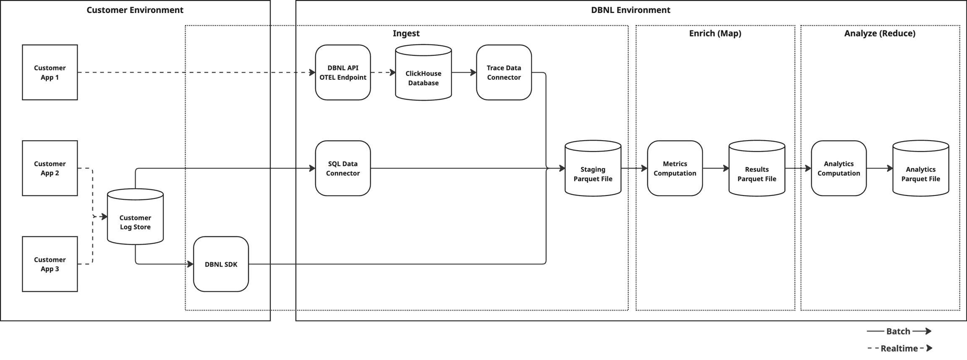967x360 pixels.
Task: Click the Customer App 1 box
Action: point(50,73)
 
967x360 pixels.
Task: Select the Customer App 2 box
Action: point(50,168)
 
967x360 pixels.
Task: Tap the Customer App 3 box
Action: point(50,264)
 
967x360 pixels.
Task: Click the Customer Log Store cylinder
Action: point(135,217)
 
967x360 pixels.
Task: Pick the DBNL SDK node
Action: point(221,264)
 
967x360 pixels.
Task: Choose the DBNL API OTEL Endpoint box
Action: point(343,73)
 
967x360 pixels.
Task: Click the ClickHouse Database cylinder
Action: point(423,73)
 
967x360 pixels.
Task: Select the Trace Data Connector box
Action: point(504,73)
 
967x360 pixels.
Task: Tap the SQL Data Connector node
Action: point(343,168)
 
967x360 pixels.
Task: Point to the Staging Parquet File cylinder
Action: point(593,168)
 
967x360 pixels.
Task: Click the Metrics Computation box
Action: point(675,168)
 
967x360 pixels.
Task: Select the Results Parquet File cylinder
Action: point(757,168)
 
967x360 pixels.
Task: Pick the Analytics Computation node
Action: point(839,168)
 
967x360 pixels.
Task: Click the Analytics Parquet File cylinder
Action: point(921,168)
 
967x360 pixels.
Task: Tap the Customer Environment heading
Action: point(135,10)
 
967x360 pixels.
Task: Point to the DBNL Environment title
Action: point(631,10)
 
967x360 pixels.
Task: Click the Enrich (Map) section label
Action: point(715,34)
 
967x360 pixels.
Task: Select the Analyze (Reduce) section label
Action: point(880,34)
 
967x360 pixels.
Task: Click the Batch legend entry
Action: point(899,331)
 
